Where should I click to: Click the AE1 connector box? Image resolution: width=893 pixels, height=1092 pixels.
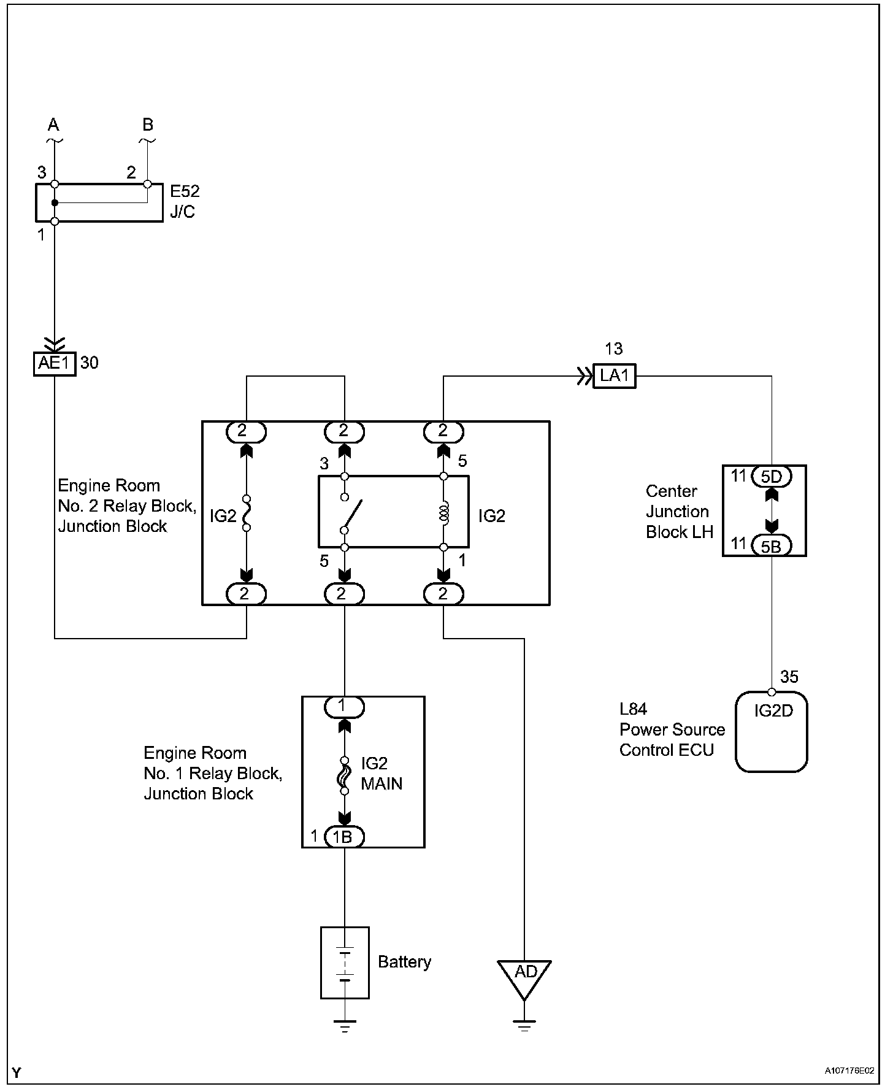click(55, 364)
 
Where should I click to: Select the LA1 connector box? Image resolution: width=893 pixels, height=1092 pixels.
click(615, 375)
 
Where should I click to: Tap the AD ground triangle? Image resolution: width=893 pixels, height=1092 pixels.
click(524, 976)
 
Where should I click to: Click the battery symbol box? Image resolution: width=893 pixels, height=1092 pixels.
click(345, 963)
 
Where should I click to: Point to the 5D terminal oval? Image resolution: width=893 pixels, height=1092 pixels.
click(772, 476)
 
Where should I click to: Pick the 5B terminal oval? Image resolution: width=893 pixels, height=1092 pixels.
click(772, 545)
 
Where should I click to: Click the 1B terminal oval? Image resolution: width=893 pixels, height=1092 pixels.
click(344, 837)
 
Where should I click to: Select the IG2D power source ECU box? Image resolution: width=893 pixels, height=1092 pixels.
click(772, 731)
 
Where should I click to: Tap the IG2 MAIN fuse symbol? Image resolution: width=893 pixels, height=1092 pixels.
click(344, 775)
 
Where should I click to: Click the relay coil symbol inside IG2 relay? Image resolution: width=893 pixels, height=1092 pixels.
click(444, 512)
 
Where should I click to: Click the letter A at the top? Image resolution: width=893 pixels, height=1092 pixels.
click(54, 125)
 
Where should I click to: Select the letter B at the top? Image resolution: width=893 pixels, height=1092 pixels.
click(148, 125)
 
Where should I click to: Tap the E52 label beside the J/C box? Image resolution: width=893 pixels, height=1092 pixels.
click(185, 191)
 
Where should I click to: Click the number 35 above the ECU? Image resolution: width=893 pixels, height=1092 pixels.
click(789, 677)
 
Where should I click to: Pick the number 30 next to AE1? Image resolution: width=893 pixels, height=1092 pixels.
click(89, 363)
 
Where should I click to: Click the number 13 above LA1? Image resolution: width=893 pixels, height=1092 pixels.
click(613, 349)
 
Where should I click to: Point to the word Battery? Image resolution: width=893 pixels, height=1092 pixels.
click(404, 962)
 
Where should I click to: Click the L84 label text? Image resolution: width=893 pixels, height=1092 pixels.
click(633, 709)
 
